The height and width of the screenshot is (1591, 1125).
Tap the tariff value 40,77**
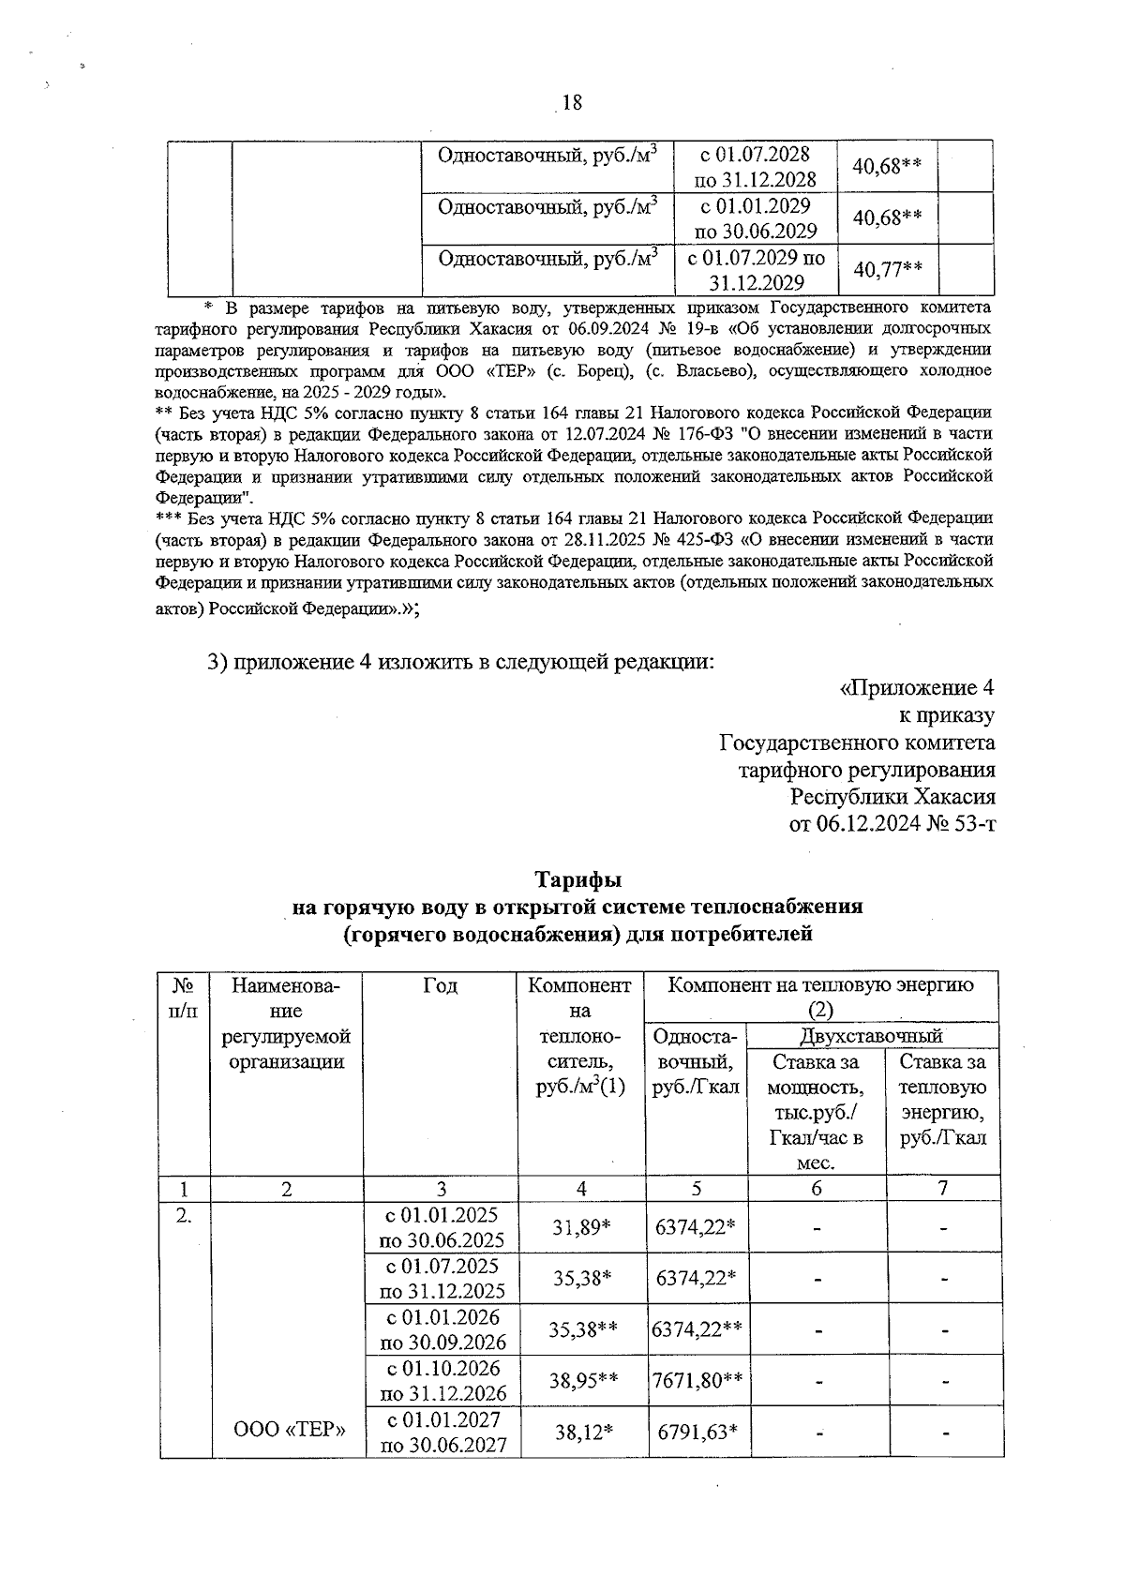887,270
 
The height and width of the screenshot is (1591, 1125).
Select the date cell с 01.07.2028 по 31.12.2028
755,166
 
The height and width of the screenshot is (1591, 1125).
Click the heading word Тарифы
578,880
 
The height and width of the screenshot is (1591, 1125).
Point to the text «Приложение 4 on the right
916,688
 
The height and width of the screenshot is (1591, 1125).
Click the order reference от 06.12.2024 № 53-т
892,824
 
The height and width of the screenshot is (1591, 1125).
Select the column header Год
440,985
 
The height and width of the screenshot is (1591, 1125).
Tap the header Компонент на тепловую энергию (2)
820,996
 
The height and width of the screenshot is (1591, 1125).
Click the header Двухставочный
871,1036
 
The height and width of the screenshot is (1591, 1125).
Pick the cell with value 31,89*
581,1227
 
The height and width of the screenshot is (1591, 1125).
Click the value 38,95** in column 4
581,1380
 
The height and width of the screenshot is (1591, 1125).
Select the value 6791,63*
696,1432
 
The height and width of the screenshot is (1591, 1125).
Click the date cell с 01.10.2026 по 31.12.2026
442,1380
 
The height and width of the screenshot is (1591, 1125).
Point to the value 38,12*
581,1432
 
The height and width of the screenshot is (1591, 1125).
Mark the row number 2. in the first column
185,1217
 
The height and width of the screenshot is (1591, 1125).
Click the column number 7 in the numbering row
943,1188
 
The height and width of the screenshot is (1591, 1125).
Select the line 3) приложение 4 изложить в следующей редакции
460,661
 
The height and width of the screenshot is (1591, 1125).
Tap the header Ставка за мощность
816,1075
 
